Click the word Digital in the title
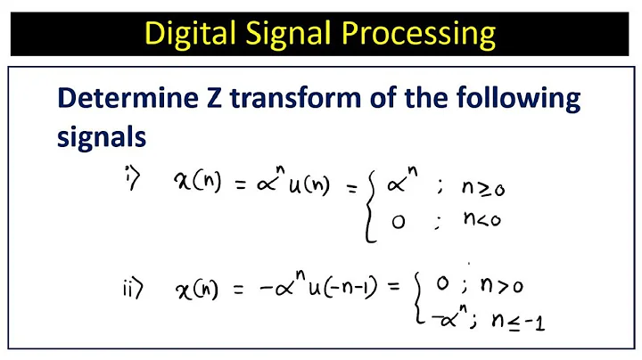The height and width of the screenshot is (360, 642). (190, 34)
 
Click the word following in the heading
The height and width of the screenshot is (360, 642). (512, 98)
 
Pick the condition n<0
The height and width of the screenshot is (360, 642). (482, 220)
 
